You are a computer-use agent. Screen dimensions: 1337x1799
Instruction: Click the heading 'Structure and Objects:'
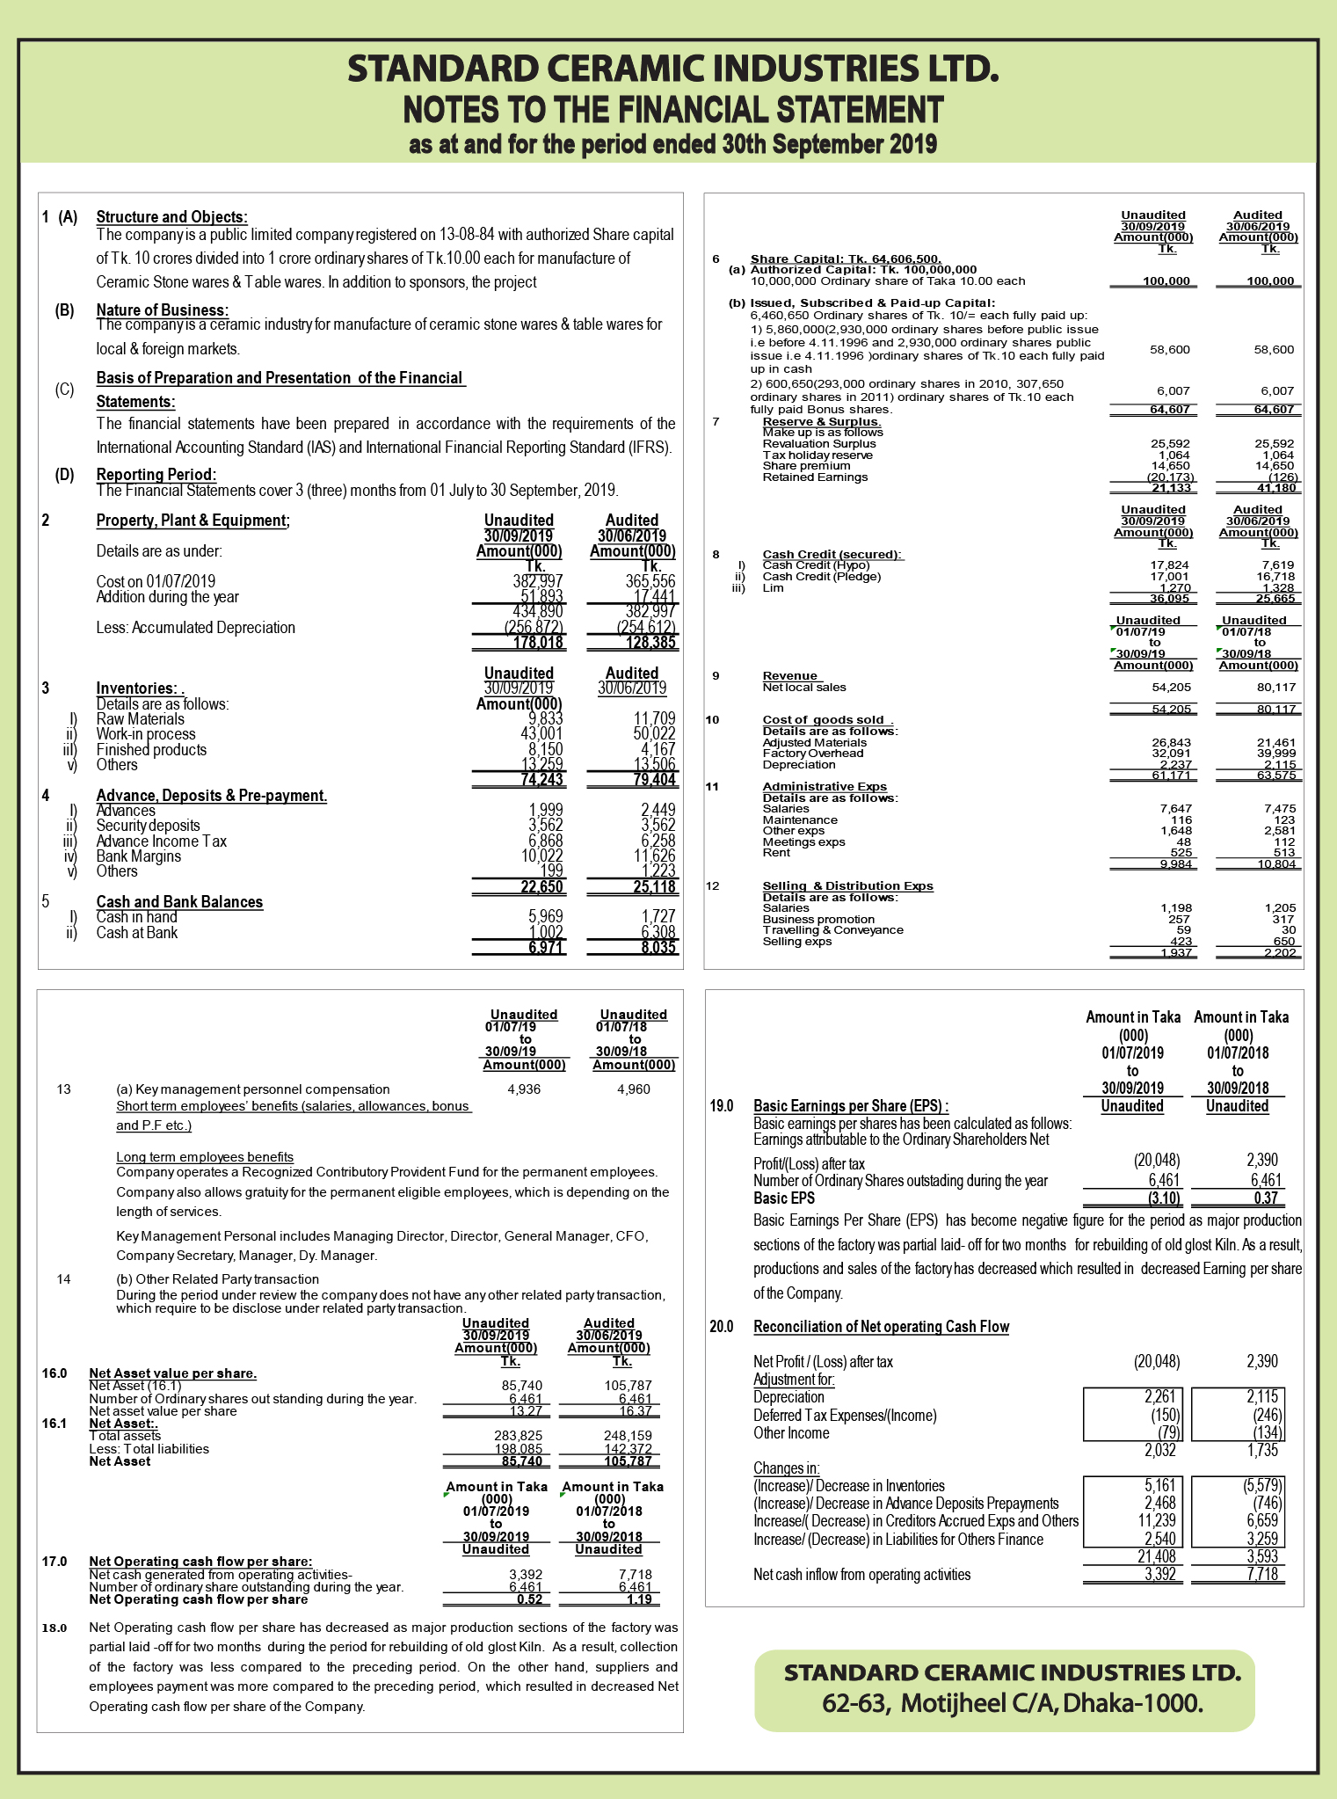[171, 217]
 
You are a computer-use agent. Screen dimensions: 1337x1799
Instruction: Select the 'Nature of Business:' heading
[162, 310]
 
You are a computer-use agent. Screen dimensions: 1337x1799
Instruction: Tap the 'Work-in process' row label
[146, 734]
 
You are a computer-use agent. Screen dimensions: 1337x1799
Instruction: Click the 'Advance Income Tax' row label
[161, 841]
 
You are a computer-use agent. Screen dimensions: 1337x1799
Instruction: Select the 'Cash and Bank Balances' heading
[179, 902]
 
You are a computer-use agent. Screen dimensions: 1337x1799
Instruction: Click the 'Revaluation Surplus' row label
[819, 444]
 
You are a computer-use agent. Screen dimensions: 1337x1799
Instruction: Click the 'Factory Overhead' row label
[813, 754]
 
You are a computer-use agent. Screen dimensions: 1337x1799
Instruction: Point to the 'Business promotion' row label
[818, 920]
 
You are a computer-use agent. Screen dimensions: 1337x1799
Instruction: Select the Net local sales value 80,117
[1276, 688]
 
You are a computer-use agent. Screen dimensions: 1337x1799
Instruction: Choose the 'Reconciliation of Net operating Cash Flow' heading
[881, 1327]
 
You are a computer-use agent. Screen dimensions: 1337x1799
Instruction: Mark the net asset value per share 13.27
[526, 1411]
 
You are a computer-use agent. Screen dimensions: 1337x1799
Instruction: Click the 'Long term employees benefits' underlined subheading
[205, 1157]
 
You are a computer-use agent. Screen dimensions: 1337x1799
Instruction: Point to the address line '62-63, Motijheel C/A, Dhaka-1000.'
[1012, 1703]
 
